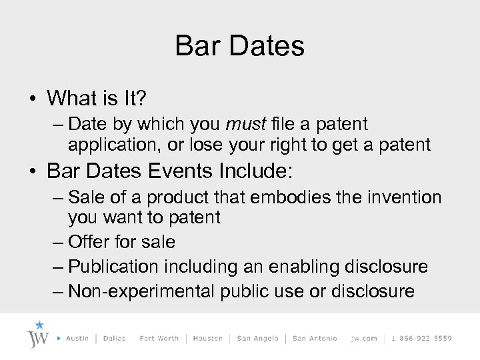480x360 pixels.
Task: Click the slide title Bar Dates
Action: click(x=239, y=46)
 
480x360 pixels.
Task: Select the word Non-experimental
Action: click(x=142, y=291)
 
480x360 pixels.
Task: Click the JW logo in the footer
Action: click(x=39, y=335)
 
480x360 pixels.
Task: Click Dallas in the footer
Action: click(x=115, y=338)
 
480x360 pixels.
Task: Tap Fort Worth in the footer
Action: click(x=159, y=338)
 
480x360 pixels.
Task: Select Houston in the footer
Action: click(x=208, y=338)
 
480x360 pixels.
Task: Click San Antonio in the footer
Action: click(x=314, y=338)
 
